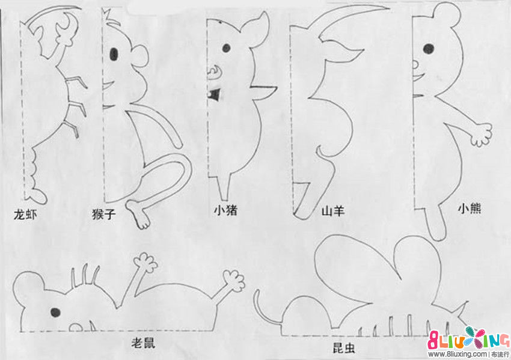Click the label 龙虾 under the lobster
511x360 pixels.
pyautogui.click(x=25, y=215)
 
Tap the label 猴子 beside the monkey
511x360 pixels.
pyautogui.click(x=103, y=214)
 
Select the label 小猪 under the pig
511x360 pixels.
pyautogui.click(x=225, y=210)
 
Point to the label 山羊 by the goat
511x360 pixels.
pyautogui.click(x=332, y=211)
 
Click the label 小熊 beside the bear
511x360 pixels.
pyautogui.click(x=470, y=208)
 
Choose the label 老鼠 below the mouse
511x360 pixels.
pyautogui.click(x=142, y=343)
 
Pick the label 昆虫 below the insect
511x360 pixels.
pyautogui.click(x=344, y=348)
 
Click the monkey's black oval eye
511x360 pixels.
pyautogui.click(x=114, y=54)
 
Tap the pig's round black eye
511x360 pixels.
pyautogui.click(x=226, y=48)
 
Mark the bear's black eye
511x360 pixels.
pyautogui.click(x=429, y=49)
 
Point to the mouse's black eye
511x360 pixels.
pyautogui.click(x=55, y=312)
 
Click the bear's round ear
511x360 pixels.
pyautogui.click(x=446, y=14)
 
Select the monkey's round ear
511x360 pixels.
pyautogui.click(x=141, y=56)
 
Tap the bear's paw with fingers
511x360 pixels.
pyautogui.click(x=482, y=134)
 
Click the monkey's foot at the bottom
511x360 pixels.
pyautogui.click(x=138, y=215)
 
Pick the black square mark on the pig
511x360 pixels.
pyautogui.click(x=214, y=94)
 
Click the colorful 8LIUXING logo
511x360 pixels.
pyautogui.click(x=469, y=339)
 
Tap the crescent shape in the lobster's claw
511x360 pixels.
pyautogui.click(x=69, y=22)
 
